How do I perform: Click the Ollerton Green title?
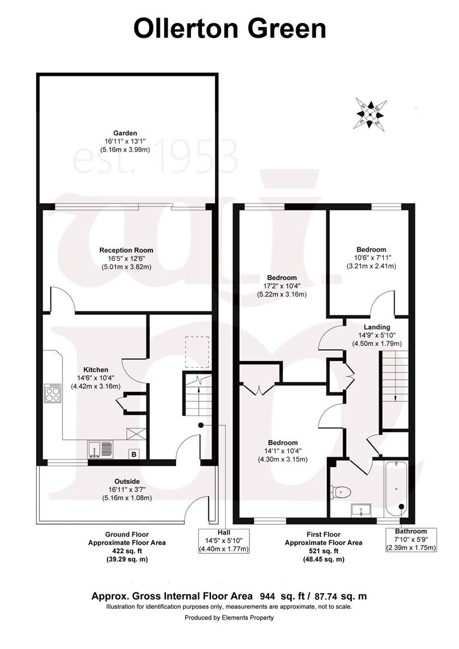click(x=229, y=29)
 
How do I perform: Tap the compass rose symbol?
click(x=371, y=114)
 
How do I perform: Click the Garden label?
click(x=125, y=133)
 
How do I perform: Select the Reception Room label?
click(x=126, y=251)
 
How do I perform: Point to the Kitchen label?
click(x=96, y=370)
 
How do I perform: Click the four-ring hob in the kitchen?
click(x=53, y=393)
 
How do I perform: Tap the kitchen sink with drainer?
click(x=100, y=449)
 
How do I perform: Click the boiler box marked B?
click(x=134, y=454)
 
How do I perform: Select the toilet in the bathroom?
click(x=340, y=492)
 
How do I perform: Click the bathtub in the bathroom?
click(x=396, y=489)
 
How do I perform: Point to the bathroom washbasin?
click(x=361, y=510)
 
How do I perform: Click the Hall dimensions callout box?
click(x=224, y=541)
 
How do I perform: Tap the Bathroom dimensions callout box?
click(x=410, y=539)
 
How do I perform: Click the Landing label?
click(x=377, y=328)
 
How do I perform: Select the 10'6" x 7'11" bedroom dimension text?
click(x=371, y=258)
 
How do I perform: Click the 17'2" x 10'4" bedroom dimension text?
click(x=282, y=286)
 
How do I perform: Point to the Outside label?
click(x=127, y=482)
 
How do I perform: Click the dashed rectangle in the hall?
click(x=197, y=352)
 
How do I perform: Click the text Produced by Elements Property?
click(x=229, y=618)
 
